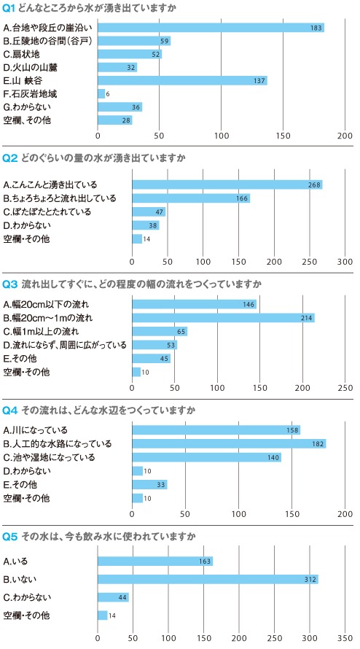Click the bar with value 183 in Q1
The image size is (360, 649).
(211, 28)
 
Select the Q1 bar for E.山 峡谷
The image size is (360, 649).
(182, 80)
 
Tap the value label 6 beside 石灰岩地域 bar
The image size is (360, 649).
(108, 94)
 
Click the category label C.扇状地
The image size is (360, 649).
(22, 54)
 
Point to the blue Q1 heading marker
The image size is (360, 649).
(9, 8)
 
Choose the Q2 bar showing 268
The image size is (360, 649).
(227, 184)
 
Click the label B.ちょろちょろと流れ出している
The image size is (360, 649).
(60, 198)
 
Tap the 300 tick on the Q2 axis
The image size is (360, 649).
(345, 262)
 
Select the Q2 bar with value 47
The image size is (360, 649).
(149, 212)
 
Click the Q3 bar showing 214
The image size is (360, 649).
(224, 318)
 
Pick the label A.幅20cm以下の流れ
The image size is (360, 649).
(46, 305)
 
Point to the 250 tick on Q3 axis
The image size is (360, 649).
(345, 388)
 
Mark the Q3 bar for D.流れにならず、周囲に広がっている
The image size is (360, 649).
(154, 345)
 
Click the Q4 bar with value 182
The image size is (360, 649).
(230, 443)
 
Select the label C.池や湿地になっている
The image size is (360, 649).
(50, 457)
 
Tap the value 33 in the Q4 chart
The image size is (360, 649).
(160, 485)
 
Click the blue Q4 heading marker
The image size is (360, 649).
(10, 410)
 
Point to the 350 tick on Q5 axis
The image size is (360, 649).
(345, 637)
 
